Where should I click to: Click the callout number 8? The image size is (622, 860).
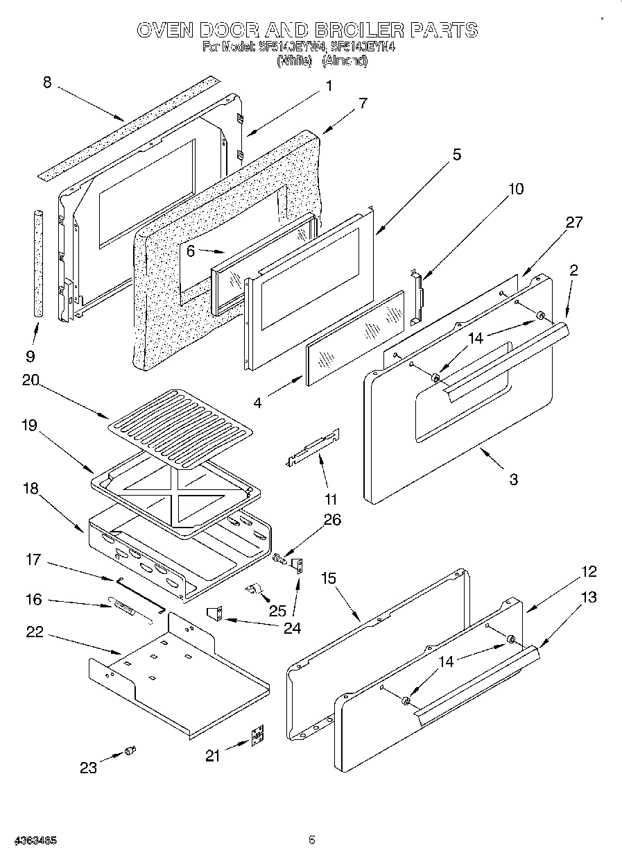tap(47, 83)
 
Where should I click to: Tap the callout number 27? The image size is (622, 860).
tap(574, 222)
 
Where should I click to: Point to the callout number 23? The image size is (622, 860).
tap(88, 767)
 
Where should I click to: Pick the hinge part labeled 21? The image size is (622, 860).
tap(257, 736)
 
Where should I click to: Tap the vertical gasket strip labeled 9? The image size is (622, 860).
tap(38, 263)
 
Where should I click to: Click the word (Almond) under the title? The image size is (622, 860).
tap(345, 61)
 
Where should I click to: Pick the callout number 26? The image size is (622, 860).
tap(332, 520)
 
